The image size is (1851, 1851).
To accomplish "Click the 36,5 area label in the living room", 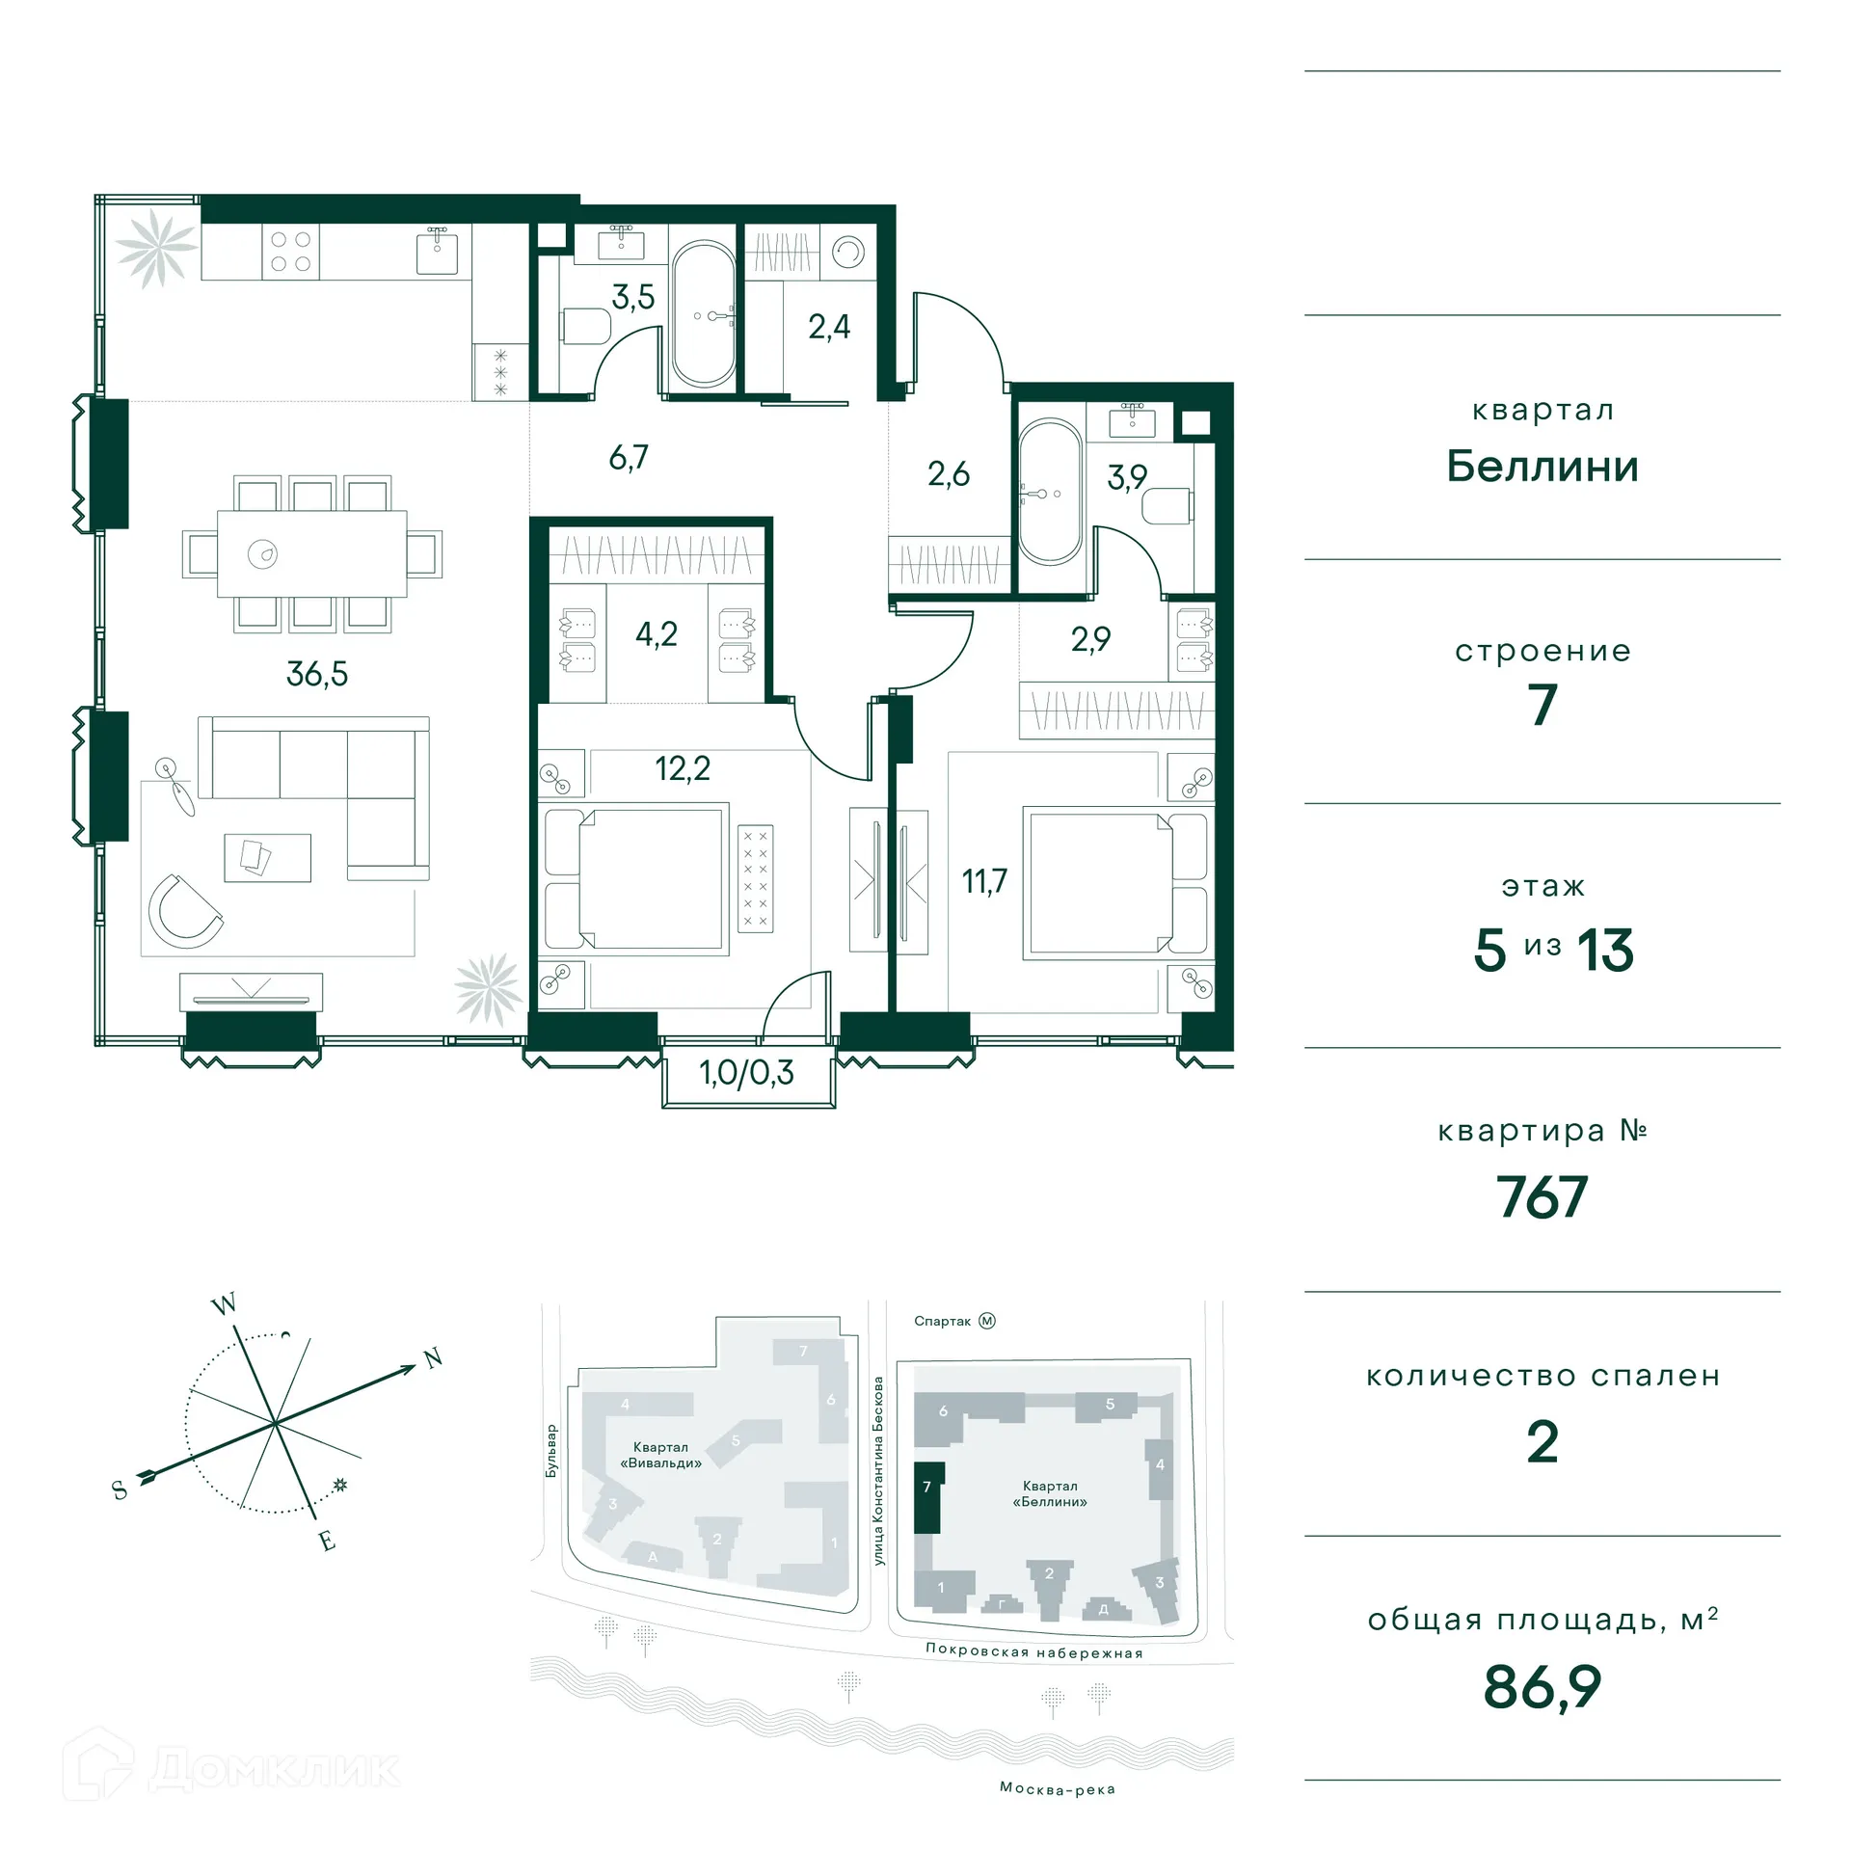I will (316, 673).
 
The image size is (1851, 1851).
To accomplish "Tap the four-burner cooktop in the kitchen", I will (290, 252).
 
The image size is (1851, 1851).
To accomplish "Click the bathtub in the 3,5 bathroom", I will (704, 314).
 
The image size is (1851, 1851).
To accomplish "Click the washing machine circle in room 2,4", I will (848, 253).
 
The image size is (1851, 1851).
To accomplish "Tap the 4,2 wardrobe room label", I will (656, 634).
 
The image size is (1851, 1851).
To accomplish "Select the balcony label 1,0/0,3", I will (746, 1072).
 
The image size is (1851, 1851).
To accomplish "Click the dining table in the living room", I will (311, 554).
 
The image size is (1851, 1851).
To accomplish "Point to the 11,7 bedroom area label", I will (984, 880).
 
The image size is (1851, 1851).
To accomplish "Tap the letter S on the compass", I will (120, 1490).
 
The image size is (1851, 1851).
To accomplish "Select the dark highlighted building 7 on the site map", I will (927, 1497).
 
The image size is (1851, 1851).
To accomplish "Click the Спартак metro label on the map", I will (942, 1321).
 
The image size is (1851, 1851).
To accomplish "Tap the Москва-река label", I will (1057, 1789).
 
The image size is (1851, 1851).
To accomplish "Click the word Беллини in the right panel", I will (1542, 467).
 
